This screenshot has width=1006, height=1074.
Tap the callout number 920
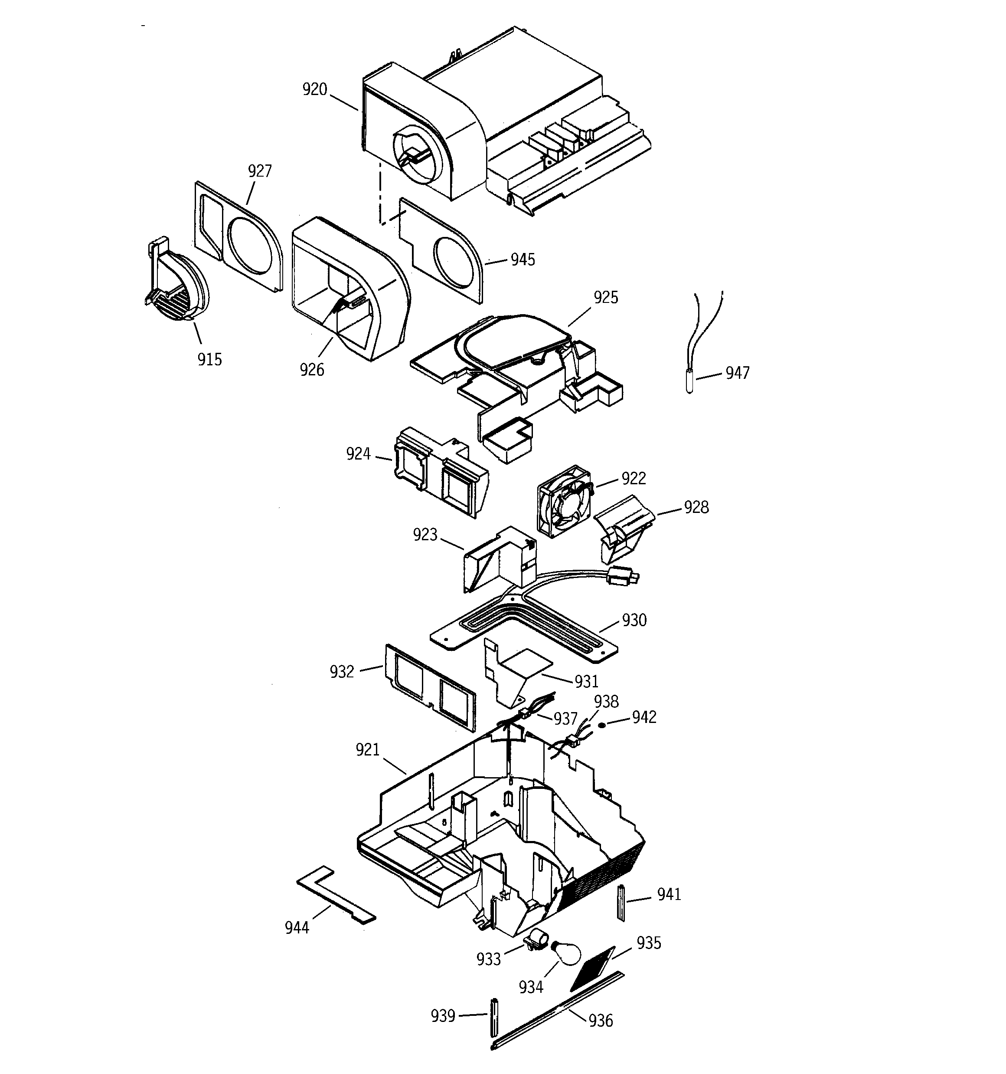315,89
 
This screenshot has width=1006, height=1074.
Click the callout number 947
737,373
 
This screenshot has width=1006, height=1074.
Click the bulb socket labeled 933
536,938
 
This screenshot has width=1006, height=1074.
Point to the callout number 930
634,620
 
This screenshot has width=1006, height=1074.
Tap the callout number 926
312,370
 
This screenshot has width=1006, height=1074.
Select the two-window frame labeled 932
431,687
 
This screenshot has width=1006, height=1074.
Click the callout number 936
601,1021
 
